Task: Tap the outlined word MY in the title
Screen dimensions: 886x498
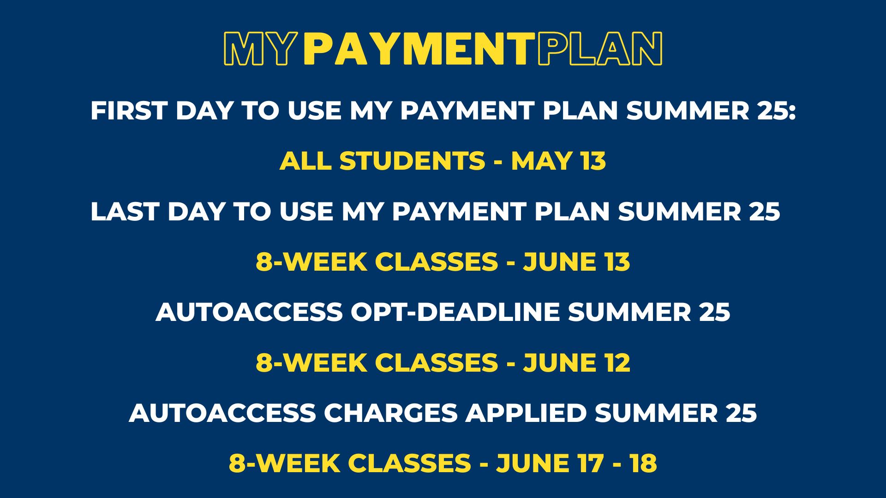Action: pyautogui.click(x=259, y=48)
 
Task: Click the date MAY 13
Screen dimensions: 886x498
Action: pyautogui.click(x=558, y=161)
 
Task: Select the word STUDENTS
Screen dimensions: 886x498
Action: pyautogui.click(x=413, y=161)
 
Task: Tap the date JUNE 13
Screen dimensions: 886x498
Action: pyautogui.click(x=576, y=261)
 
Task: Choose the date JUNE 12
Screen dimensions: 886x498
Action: pyautogui.click(x=576, y=362)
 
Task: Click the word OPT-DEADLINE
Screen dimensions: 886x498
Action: pyautogui.click(x=455, y=312)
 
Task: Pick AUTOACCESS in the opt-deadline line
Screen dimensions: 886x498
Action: pyautogui.click(x=249, y=312)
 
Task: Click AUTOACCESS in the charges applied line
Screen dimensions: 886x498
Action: pyautogui.click(x=223, y=413)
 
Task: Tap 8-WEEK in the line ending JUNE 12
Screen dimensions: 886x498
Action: pyautogui.click(x=308, y=362)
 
